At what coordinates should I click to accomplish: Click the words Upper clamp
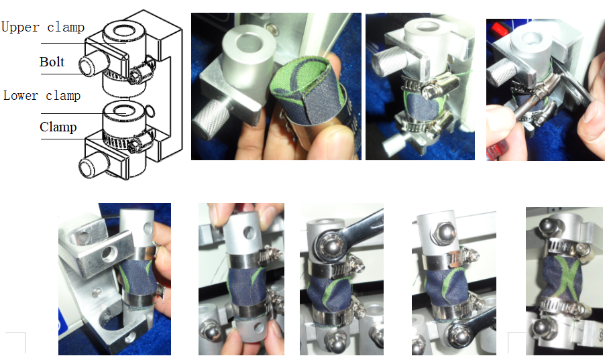click(43, 27)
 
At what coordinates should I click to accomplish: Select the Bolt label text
click(52, 62)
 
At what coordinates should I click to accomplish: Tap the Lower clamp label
click(42, 96)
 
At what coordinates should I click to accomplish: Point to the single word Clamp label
click(58, 127)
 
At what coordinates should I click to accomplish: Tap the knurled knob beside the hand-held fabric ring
click(209, 118)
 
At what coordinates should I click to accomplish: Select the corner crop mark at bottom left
click(16, 342)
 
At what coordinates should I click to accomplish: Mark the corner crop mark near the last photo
click(517, 342)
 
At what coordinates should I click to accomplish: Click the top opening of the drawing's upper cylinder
click(123, 29)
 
